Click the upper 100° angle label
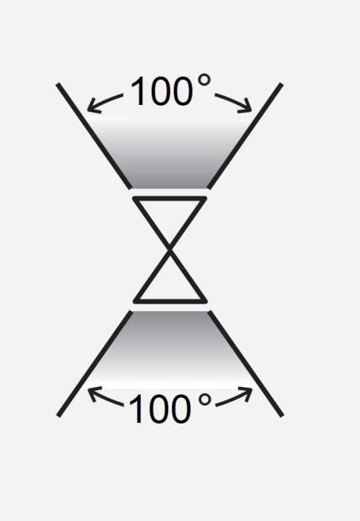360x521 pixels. click(x=170, y=90)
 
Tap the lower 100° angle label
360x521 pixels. click(x=170, y=408)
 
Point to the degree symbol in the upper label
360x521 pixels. click(x=204, y=80)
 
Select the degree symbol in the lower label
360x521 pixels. click(x=205, y=400)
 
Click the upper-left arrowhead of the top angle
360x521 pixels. click(x=93, y=105)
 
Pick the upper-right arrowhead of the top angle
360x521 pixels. click(x=245, y=106)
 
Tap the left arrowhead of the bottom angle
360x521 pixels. click(x=94, y=394)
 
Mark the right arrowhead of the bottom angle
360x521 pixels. click(x=246, y=394)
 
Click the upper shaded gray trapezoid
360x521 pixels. click(x=170, y=153)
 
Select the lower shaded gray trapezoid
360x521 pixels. click(x=170, y=349)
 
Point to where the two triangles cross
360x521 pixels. click(x=170, y=250)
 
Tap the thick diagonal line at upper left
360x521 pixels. click(x=94, y=136)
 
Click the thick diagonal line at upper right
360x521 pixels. click(x=245, y=136)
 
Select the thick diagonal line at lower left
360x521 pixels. click(x=94, y=363)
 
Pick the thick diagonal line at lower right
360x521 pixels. click(x=245, y=363)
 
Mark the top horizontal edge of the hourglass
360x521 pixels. click(x=170, y=199)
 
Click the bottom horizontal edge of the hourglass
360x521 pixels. click(x=170, y=301)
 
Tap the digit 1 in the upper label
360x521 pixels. click(x=137, y=91)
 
